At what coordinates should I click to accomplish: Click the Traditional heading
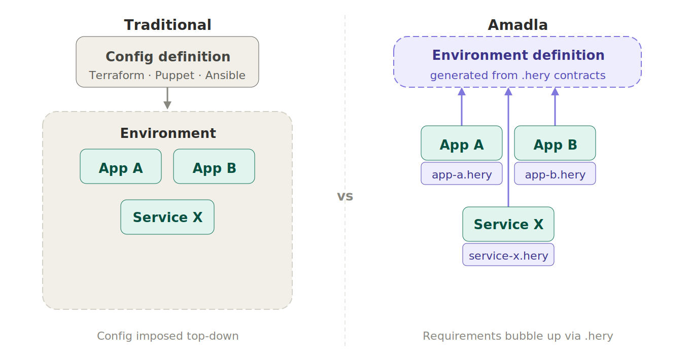pos(167,25)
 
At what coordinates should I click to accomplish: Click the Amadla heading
pos(517,25)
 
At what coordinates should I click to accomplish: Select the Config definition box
pos(167,62)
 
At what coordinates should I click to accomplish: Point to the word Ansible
pos(225,76)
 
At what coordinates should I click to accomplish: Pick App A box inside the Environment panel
pos(121,166)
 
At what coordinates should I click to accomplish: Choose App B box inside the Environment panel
pos(214,166)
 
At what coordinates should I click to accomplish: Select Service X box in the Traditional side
pos(167,217)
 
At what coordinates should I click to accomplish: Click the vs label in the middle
pos(345,196)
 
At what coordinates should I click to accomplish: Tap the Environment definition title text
pos(518,55)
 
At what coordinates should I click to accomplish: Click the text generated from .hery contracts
pos(517,76)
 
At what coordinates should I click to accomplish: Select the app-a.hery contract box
pos(462,174)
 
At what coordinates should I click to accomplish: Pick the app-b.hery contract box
pos(555,174)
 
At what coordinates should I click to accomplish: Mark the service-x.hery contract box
pos(508,255)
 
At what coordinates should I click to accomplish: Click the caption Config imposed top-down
pos(167,336)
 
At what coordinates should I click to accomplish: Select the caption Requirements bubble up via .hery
pos(517,336)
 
